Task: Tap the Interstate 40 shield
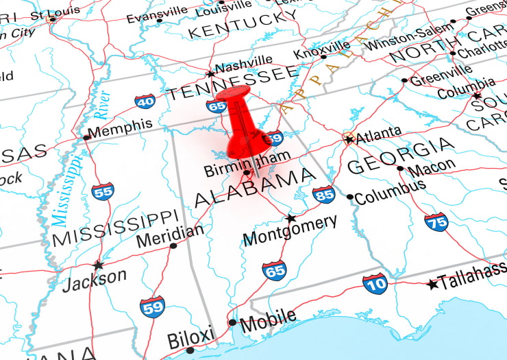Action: [145, 102]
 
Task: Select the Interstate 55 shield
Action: [103, 190]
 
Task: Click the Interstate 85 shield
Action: [323, 195]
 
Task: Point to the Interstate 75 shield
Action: [436, 221]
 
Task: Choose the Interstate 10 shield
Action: [375, 283]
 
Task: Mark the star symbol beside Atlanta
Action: [349, 139]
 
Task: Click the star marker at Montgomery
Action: [290, 219]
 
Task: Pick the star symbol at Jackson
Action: [98, 265]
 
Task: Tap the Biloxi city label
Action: [191, 338]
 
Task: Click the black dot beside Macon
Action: [401, 168]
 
